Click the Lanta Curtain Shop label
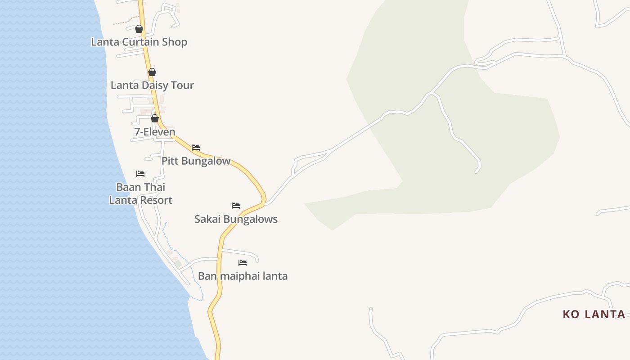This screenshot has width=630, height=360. pos(139,42)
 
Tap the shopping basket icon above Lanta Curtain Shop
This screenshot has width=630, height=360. pos(139,29)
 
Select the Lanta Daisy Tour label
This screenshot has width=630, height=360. pos(152,85)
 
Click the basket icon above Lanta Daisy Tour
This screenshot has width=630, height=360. pos(152,72)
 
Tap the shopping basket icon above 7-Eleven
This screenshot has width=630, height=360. pos(155,118)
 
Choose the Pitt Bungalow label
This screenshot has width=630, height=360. pos(196,161)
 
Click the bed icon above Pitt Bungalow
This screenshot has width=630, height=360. pos(196,148)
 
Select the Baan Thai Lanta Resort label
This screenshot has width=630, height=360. pos(141,193)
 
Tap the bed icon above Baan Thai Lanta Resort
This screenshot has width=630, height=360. pos(140,174)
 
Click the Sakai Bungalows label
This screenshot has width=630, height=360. pos(236,220)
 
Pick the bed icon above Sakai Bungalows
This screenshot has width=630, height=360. pos(236,206)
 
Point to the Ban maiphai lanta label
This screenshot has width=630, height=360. pos(243,276)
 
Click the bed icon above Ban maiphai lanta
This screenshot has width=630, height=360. pos(243,263)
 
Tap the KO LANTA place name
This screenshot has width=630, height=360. pos(594,315)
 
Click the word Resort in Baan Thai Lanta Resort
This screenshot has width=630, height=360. pos(155,200)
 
